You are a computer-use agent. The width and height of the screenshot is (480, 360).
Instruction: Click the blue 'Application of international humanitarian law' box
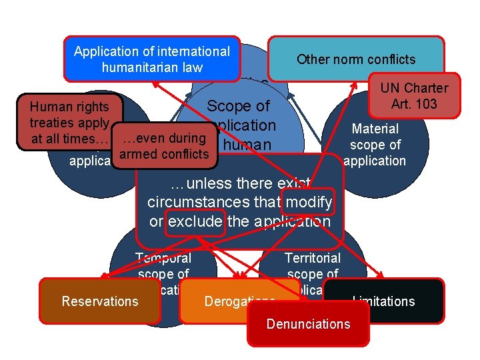(x=152, y=59)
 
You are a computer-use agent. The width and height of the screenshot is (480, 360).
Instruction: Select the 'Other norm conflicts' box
(x=355, y=59)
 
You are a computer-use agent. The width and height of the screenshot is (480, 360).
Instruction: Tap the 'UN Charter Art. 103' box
(x=414, y=95)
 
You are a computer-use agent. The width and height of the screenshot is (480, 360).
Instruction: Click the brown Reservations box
(x=100, y=301)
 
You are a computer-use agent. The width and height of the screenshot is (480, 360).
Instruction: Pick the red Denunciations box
(x=308, y=325)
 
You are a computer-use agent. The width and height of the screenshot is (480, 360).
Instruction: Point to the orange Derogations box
(x=230, y=301)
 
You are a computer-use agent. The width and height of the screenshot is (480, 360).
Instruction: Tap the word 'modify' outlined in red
(x=307, y=202)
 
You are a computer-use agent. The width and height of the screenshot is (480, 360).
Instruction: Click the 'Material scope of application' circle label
(x=374, y=145)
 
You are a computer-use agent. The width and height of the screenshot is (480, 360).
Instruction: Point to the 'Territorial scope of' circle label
(x=313, y=265)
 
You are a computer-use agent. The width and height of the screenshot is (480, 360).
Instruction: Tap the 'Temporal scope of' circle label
(x=163, y=265)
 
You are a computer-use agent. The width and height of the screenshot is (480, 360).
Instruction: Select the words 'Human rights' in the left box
(x=69, y=106)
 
